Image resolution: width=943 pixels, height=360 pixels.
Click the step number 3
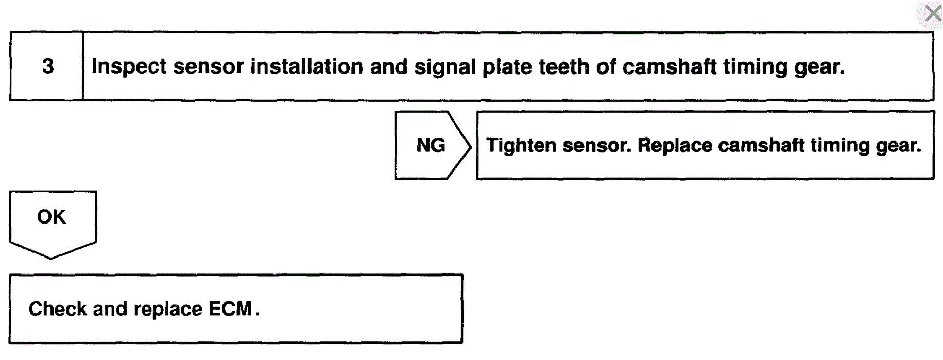click(x=48, y=66)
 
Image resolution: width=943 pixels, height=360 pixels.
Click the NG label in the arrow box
click(x=431, y=145)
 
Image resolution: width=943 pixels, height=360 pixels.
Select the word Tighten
click(x=521, y=146)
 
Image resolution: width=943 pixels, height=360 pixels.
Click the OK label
click(x=52, y=217)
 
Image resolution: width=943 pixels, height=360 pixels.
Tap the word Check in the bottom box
click(x=58, y=309)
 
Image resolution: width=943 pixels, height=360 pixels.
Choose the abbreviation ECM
click(x=230, y=309)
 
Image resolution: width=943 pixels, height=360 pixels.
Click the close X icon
click(x=933, y=13)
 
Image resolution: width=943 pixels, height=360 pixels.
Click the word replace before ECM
click(x=167, y=310)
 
